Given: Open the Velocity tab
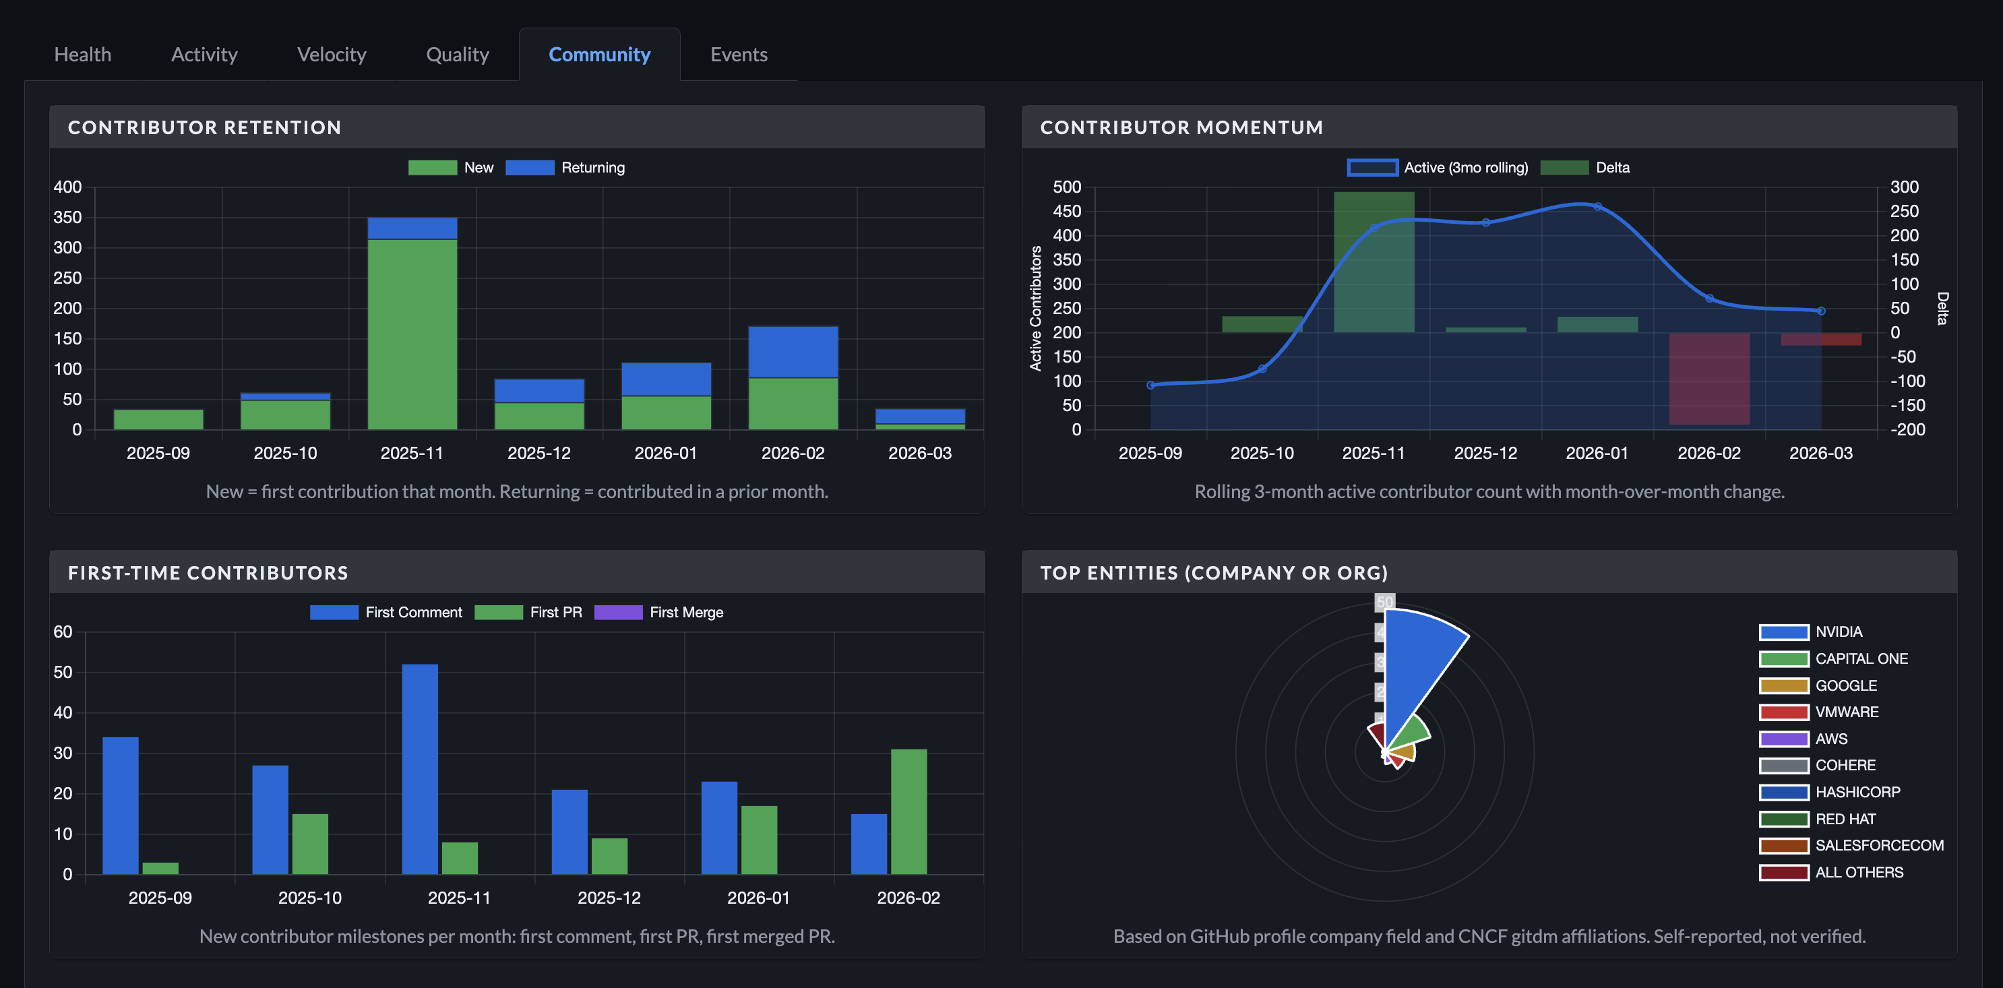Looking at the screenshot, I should (331, 55).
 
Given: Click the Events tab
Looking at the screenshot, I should (738, 55).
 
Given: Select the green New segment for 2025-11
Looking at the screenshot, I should (412, 334).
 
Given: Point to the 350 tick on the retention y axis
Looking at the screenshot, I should (67, 218).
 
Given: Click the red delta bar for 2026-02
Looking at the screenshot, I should (1708, 379).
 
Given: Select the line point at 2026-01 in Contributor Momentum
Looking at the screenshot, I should (1597, 207).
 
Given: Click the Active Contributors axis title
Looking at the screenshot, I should (1035, 308).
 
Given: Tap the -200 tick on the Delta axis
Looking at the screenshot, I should (1907, 429).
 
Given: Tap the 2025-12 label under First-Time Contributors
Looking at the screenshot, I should (609, 898).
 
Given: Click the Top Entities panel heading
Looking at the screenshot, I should (1213, 573).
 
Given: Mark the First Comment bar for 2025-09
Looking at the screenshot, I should (121, 805).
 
